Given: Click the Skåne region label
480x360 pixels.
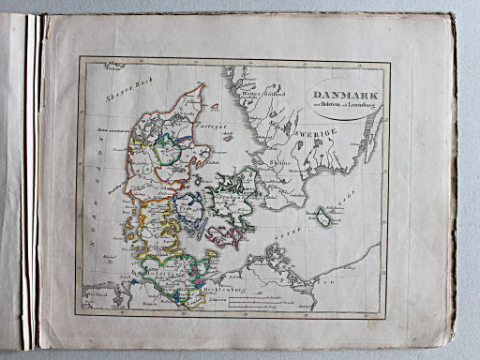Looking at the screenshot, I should [278, 186].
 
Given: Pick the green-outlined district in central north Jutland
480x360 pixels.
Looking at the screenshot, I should [168, 147].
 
